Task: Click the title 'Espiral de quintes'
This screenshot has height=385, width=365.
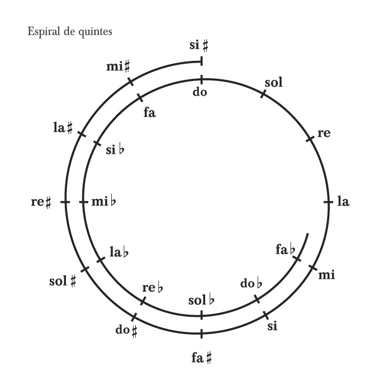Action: pos(63,31)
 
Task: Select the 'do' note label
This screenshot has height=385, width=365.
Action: pos(200,92)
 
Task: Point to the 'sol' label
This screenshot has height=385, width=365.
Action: pos(274,84)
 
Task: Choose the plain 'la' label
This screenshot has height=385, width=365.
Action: pos(343,202)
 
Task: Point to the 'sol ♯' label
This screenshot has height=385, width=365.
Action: pos(61,279)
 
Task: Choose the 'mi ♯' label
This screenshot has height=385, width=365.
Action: pos(117,68)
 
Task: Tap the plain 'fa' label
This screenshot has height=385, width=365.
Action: pos(149,113)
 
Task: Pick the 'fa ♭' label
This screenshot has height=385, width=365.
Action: pos(285,249)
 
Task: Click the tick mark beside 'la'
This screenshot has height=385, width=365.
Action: pos(326,202)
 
